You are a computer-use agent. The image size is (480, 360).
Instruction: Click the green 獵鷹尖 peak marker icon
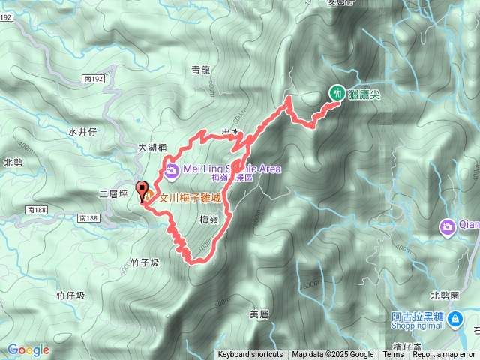pos(337,93)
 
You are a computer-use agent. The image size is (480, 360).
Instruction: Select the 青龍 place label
pos(201,70)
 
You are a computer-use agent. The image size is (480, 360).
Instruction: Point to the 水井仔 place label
pos(82,131)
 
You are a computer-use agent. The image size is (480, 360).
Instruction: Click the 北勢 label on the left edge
pos(13,163)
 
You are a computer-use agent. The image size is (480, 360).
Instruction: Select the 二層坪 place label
pos(113,193)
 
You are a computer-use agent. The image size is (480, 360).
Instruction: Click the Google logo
pos(28,349)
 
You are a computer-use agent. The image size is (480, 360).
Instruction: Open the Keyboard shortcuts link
pos(250,355)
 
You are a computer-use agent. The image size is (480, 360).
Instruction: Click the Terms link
pos(393,355)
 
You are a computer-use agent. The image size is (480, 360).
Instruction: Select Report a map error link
pos(443,355)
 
